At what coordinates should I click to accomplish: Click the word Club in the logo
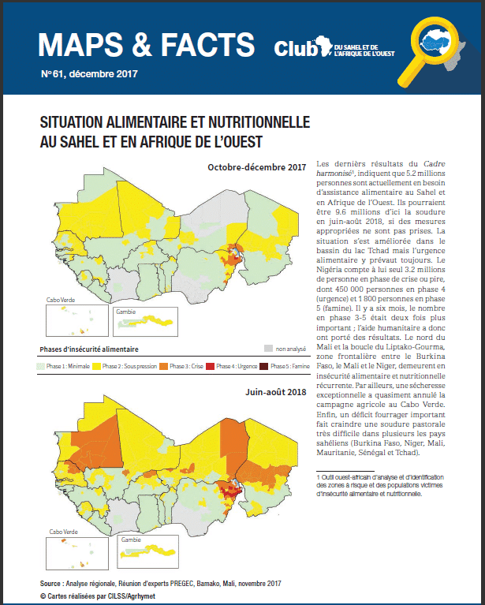(293, 48)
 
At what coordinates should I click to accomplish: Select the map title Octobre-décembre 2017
(256, 167)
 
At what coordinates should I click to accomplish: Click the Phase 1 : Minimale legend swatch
(43, 367)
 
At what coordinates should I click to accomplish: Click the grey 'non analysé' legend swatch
(269, 348)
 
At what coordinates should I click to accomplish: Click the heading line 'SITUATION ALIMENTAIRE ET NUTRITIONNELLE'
(174, 124)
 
